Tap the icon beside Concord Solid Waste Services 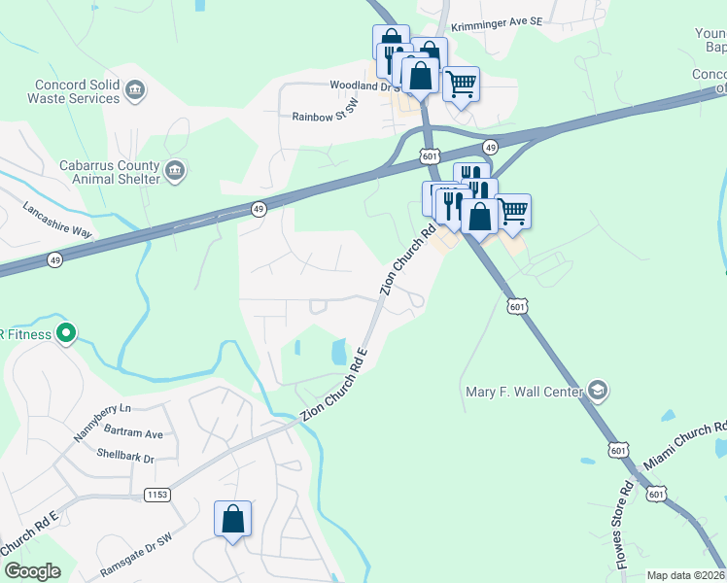coord(135,92)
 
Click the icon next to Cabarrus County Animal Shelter coord(176,172)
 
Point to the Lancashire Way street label coord(57,221)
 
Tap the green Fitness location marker coord(66,334)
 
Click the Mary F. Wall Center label coord(524,393)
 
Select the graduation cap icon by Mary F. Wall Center coord(598,392)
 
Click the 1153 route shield coord(157,495)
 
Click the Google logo coord(32,571)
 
